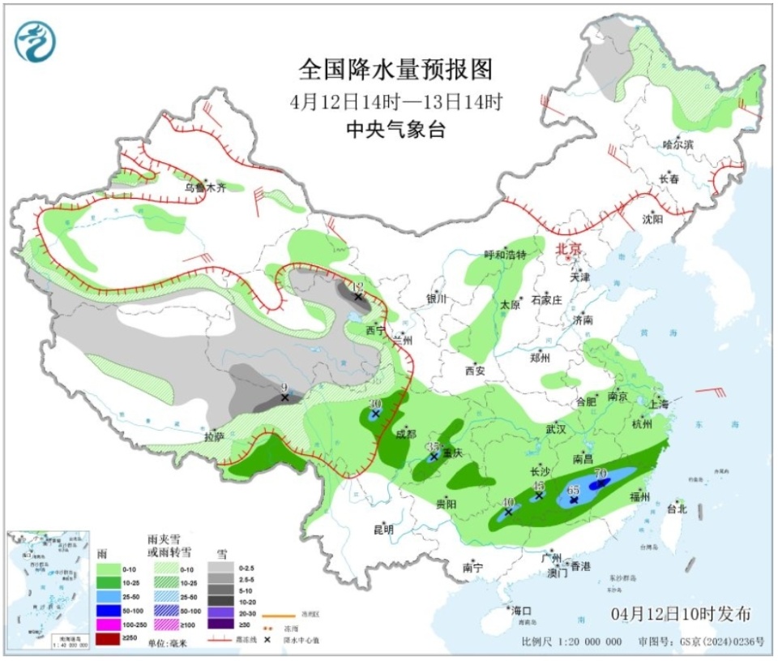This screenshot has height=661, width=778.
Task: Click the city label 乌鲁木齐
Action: tap(203, 187)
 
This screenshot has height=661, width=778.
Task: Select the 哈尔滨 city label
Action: tap(678, 144)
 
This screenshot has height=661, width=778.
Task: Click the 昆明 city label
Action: tap(383, 530)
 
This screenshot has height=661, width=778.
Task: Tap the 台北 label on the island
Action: tap(676, 509)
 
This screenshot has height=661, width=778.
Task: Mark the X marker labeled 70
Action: tap(601, 483)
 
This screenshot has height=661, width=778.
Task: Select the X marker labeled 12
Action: tap(357, 297)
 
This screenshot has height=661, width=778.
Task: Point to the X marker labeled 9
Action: tap(284, 397)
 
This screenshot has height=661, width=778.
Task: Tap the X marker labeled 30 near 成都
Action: tap(375, 414)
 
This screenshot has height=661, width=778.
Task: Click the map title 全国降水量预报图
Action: tap(395, 71)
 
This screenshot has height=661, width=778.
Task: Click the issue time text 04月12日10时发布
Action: tap(681, 612)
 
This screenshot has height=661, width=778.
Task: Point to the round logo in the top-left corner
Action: tap(36, 41)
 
